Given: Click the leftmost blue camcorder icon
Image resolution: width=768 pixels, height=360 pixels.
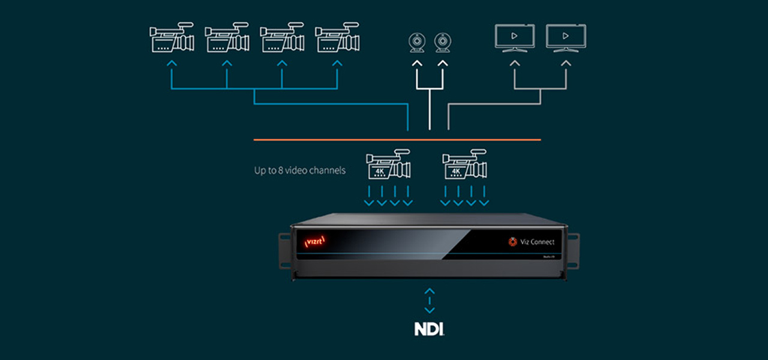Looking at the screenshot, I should point(172,38).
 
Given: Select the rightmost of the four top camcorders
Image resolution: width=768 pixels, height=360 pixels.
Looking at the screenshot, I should point(337,38).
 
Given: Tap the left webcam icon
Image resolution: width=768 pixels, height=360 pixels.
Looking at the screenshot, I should point(417,43).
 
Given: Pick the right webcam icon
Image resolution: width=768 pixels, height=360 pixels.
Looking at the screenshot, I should point(443,43).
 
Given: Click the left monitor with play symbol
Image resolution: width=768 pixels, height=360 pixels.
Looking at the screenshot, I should point(514,37).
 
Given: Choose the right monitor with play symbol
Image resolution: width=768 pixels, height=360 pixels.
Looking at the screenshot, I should point(566,37).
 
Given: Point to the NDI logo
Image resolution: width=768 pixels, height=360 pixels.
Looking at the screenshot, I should point(429,329).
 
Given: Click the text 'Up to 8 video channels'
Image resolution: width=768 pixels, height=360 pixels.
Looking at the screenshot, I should point(300,170).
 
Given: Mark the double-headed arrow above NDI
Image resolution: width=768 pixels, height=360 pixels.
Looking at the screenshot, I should point(429,301).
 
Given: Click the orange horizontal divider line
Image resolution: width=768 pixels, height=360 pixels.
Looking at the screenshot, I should point(397,140).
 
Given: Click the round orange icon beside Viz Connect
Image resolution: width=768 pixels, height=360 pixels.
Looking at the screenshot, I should point(513,242).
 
